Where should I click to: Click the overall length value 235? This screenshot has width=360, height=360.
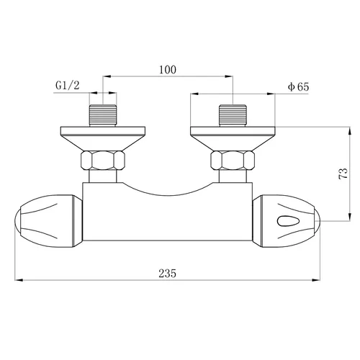point(168,273)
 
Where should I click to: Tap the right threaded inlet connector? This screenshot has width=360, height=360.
point(233,115)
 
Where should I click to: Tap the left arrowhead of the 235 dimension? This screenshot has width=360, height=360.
point(19,281)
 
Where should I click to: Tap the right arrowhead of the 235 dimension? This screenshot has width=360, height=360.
point(320,281)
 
